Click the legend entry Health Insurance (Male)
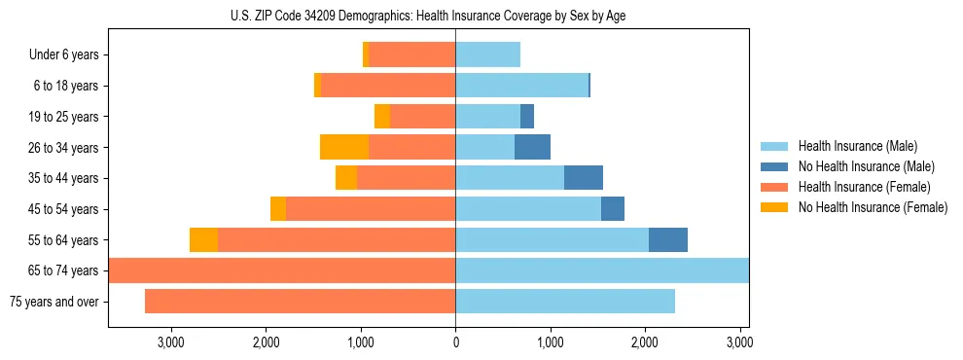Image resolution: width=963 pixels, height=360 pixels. pos(852,146)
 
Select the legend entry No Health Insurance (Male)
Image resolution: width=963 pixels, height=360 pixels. pos(859,166)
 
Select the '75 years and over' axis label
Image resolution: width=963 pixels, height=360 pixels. pos(54,302)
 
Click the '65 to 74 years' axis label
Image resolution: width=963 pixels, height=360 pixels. pos(64,270)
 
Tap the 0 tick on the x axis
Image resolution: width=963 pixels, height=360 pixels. pos(455,343)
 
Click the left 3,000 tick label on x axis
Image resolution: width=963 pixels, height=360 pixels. pos(170,343)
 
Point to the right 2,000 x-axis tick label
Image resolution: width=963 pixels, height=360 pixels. pos(645,343)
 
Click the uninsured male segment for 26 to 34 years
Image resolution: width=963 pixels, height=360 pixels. pos(532,147)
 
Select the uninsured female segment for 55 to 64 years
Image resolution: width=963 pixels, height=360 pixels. pos(203,239)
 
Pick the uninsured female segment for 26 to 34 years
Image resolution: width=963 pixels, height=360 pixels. pos(344,147)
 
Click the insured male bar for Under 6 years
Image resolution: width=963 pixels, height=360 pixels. pos(487,54)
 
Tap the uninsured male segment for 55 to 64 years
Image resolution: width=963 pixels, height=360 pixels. pos(668,239)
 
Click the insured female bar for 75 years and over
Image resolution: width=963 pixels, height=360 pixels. pos(300,302)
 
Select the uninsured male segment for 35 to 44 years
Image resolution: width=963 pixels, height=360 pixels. pos(584,178)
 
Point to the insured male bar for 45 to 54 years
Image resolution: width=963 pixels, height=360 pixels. pos(528,209)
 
